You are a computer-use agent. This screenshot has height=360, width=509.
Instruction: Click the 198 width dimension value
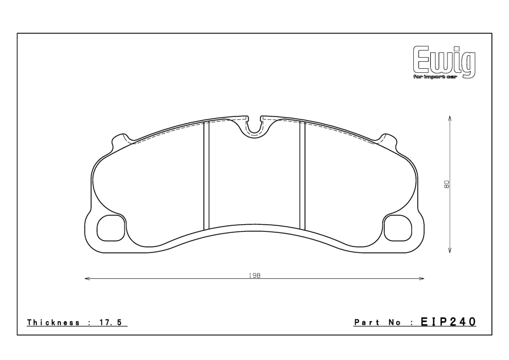pyautogui.click(x=254, y=275)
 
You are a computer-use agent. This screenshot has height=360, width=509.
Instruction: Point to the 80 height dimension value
pyautogui.click(x=447, y=184)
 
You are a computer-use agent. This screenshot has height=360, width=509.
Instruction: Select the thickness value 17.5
pyautogui.click(x=115, y=322)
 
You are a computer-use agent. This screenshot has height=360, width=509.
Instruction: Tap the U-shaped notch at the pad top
pyautogui.click(x=254, y=125)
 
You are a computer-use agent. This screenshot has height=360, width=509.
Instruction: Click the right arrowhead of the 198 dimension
pyautogui.click(x=423, y=279)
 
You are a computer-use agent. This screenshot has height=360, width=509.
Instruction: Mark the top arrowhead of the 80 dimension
pyautogui.click(x=450, y=117)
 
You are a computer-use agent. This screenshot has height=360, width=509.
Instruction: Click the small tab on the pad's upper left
pyautogui.click(x=121, y=141)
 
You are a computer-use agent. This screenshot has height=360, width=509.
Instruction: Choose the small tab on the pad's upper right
pyautogui.click(x=388, y=141)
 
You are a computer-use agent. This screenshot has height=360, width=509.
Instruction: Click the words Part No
pyautogui.click(x=379, y=322)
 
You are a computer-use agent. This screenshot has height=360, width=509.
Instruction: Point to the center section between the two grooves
pyautogui.click(x=254, y=176)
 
